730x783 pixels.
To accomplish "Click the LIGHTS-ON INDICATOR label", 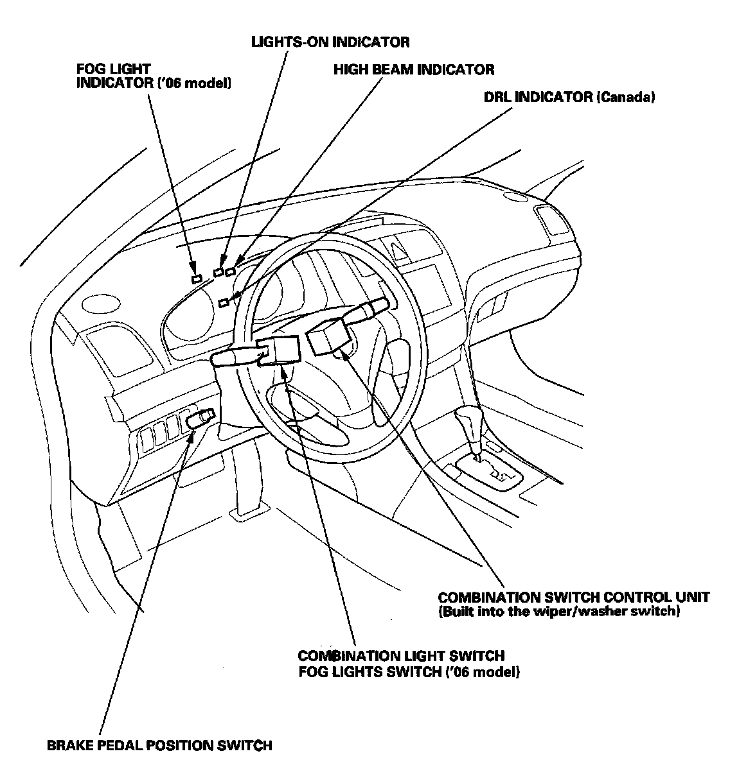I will coord(330,42).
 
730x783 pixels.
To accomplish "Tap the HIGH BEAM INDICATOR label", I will coord(414,69).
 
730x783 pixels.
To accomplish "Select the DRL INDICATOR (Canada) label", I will coord(569,97).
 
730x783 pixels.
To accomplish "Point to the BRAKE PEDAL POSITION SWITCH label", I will coord(159,745).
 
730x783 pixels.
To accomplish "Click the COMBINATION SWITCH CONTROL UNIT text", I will coord(573,597).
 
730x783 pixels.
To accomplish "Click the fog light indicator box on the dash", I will coord(197,279).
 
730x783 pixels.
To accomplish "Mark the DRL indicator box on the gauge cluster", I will coord(224,302).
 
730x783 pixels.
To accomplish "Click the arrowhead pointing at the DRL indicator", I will coord(234,297).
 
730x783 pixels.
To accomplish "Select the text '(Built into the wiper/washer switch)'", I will coord(558,612).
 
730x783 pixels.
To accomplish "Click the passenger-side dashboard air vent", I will coord(553,222).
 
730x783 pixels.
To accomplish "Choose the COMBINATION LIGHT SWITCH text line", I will coord(401,656).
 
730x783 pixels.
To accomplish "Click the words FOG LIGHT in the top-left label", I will coord(113,68).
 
